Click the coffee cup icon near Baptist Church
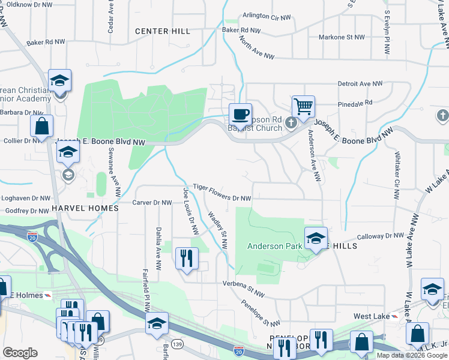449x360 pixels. [240, 113]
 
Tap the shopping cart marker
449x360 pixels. [303, 107]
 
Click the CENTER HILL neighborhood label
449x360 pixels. [163, 31]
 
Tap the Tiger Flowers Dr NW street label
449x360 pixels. [221, 198]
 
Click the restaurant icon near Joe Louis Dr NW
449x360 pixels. [186, 258]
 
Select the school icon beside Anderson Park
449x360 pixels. [316, 238]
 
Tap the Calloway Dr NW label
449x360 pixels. [381, 236]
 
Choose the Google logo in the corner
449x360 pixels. [20, 353]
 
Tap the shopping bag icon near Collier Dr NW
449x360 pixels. [41, 126]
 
